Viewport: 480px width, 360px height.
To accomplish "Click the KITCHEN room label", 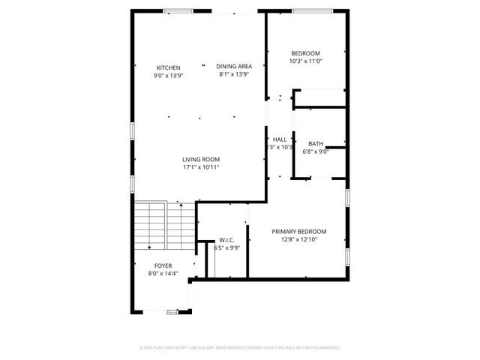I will click(x=168, y=67).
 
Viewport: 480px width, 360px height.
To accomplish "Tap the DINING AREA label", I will click(x=234, y=65).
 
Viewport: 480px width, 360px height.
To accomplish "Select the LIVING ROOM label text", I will click(x=200, y=159).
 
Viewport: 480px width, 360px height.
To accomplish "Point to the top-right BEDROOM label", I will click(x=305, y=53).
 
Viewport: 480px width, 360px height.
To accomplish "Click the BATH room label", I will click(x=315, y=143).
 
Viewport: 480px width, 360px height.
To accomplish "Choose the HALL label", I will click(x=280, y=139).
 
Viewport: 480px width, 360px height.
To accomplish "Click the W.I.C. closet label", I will click(x=226, y=240).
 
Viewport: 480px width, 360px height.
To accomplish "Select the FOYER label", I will click(x=163, y=266).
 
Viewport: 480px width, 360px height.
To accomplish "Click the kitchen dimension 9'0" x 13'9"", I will click(x=168, y=76).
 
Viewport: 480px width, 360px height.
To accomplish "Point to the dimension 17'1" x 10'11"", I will click(x=200, y=167).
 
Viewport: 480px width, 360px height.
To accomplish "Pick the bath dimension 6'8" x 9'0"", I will click(x=315, y=151).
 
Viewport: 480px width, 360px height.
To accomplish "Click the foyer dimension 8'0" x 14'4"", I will click(x=163, y=274).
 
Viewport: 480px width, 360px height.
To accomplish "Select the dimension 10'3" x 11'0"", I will click(x=305, y=61).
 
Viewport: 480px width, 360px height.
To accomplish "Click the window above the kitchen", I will click(x=177, y=10).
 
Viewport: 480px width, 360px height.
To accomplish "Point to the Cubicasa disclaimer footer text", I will click(x=240, y=348).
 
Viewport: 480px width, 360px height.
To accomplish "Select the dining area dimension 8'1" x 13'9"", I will click(x=234, y=73).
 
